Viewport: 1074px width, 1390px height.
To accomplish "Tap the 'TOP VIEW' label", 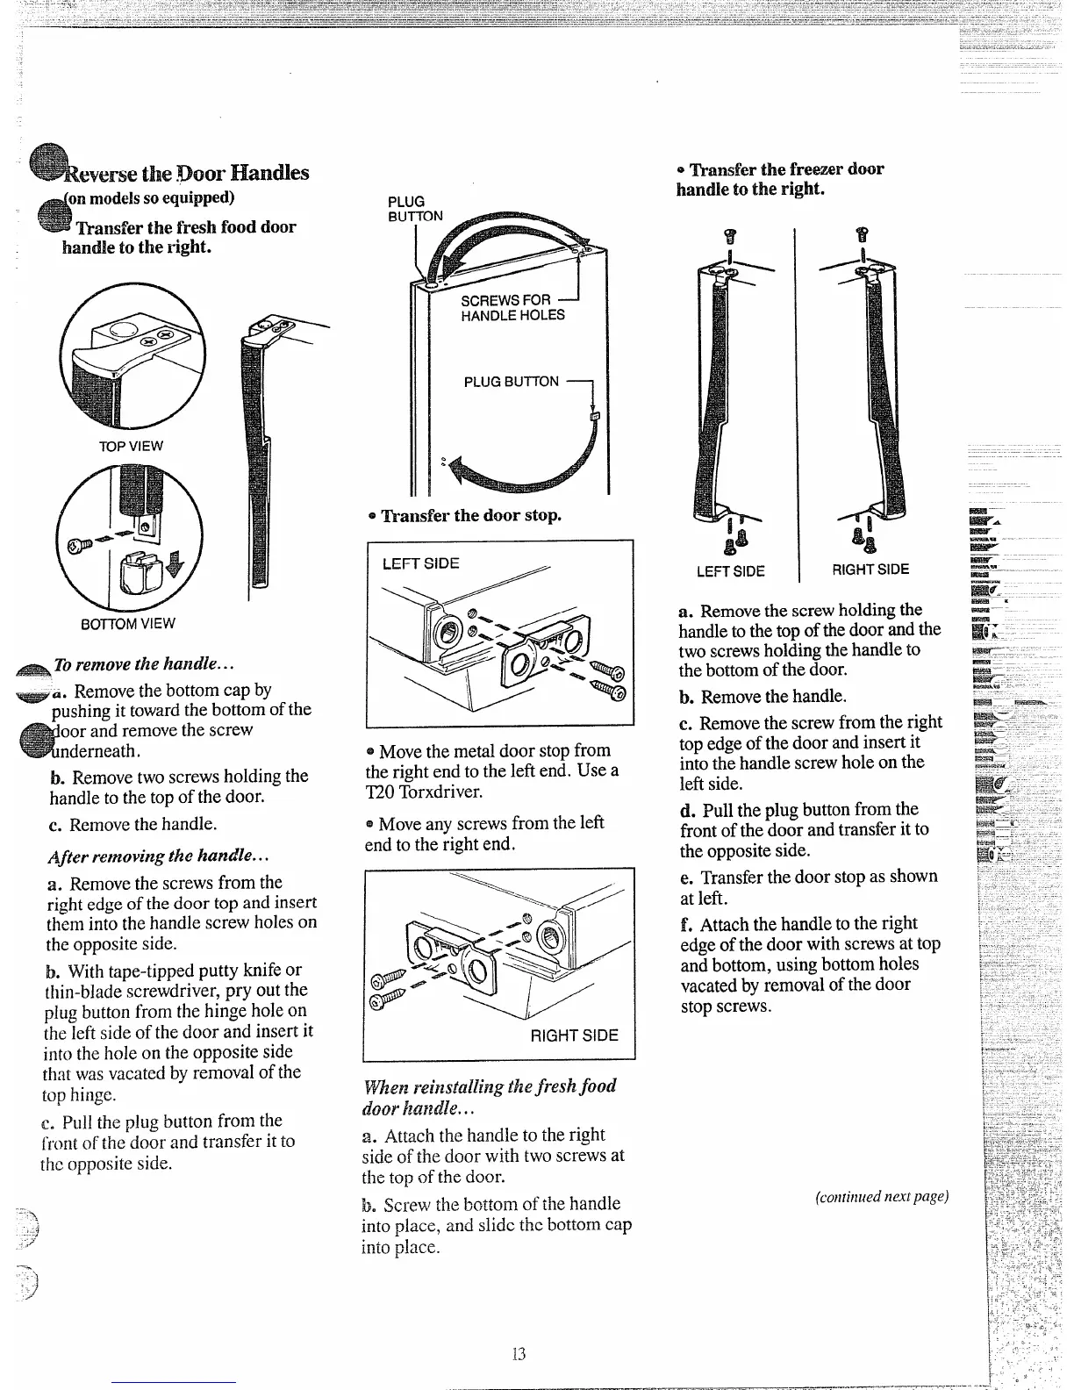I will click(x=130, y=446).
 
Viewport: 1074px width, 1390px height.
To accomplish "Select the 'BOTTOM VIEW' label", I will click(x=128, y=624).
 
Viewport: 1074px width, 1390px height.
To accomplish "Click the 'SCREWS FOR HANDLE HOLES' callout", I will click(x=512, y=308).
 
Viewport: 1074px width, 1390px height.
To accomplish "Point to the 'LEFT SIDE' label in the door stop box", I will click(x=420, y=563).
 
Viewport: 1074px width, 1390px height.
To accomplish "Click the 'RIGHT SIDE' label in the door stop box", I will click(x=574, y=1035).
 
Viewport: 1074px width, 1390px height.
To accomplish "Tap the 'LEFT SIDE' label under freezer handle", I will click(x=730, y=571).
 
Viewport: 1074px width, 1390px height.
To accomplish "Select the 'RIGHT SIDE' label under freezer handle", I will click(x=870, y=570).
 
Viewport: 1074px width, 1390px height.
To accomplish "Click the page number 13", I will click(x=518, y=1354).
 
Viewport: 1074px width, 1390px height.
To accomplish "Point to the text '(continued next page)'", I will click(x=881, y=1197).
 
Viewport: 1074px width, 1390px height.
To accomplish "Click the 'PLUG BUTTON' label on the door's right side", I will click(x=511, y=382).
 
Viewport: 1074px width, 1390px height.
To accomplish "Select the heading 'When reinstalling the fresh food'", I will click(x=490, y=1086).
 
